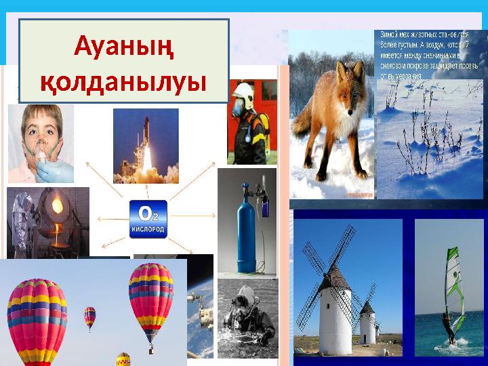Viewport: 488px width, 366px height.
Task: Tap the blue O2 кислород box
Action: point(148,219)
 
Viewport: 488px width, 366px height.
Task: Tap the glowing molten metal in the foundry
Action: point(56,205)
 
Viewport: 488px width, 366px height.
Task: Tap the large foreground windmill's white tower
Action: point(335,319)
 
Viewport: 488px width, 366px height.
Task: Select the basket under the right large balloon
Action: point(151,350)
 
